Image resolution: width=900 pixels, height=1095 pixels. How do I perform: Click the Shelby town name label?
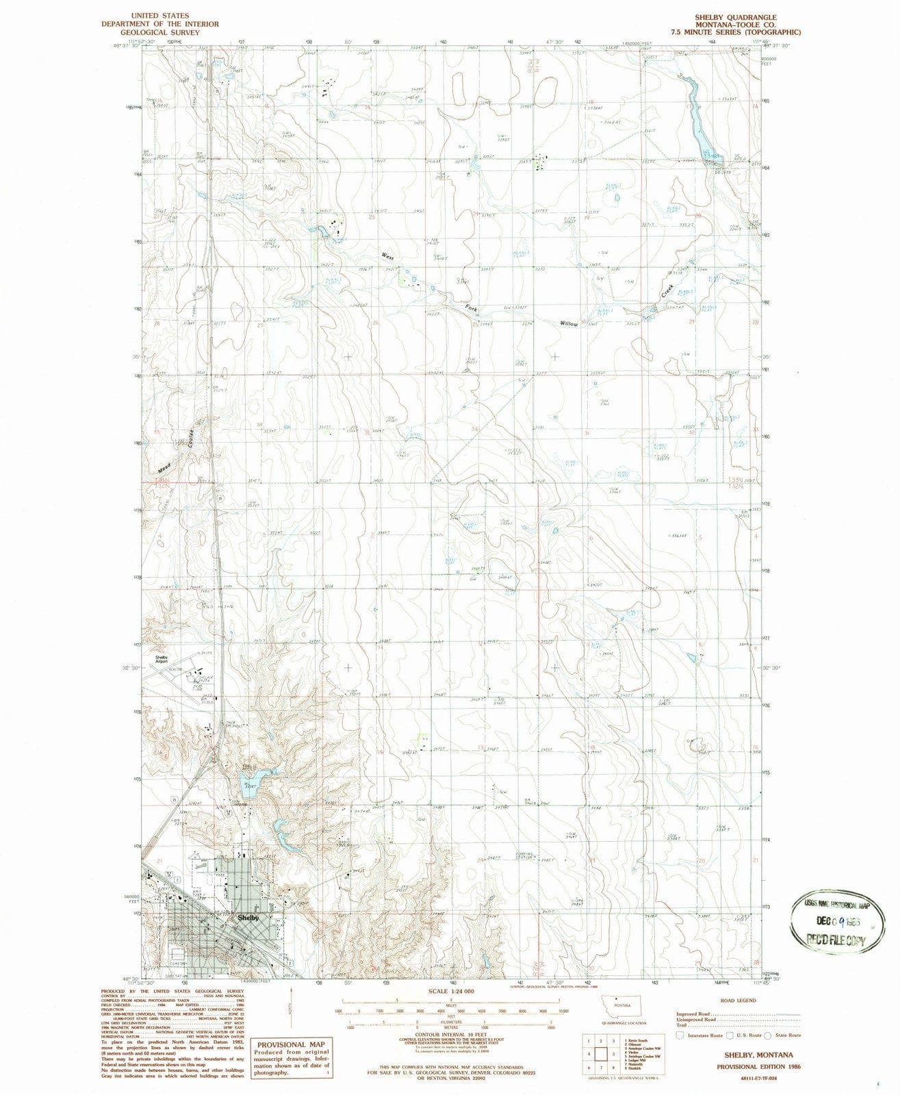[248, 917]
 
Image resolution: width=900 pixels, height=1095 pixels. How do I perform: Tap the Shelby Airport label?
[161, 659]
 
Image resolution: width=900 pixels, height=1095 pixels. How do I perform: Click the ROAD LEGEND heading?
[736, 1000]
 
